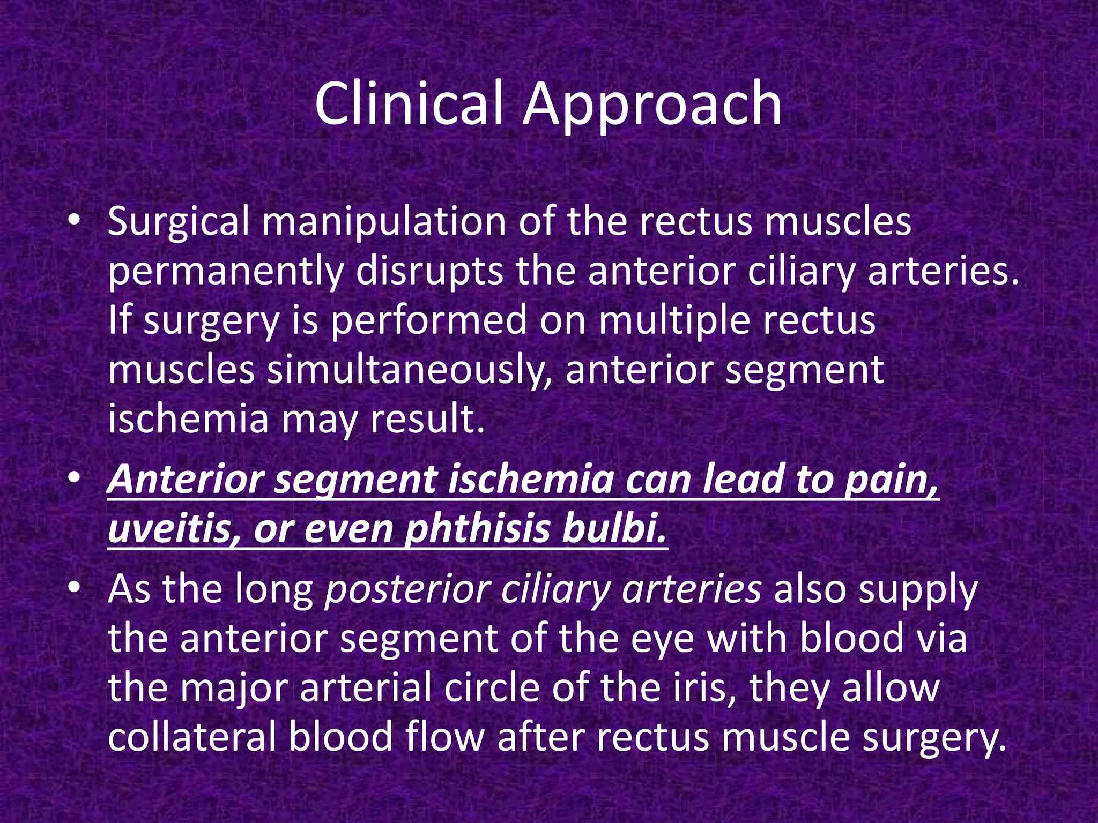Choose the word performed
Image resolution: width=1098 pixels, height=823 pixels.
(x=429, y=321)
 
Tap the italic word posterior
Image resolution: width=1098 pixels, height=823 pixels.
(x=407, y=590)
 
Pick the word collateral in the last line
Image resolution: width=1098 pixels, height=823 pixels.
(x=191, y=737)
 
